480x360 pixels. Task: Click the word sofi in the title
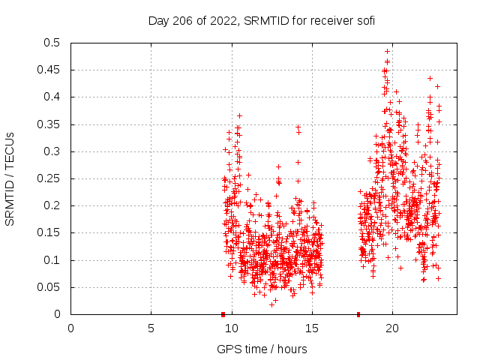[364, 20]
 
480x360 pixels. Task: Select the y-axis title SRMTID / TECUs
[10, 178]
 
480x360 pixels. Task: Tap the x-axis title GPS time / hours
[262, 349]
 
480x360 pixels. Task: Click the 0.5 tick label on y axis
[55, 43]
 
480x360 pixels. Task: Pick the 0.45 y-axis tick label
[52, 70]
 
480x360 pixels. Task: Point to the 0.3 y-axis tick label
[55, 151]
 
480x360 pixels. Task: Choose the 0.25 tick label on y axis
[52, 178]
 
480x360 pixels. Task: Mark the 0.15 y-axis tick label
[52, 233]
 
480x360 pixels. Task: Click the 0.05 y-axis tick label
[52, 287]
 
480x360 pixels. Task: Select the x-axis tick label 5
[151, 328]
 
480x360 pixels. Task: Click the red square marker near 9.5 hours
[223, 314]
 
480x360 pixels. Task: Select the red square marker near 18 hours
[358, 314]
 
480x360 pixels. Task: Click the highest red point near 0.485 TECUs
[387, 52]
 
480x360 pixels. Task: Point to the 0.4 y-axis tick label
[55, 97]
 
